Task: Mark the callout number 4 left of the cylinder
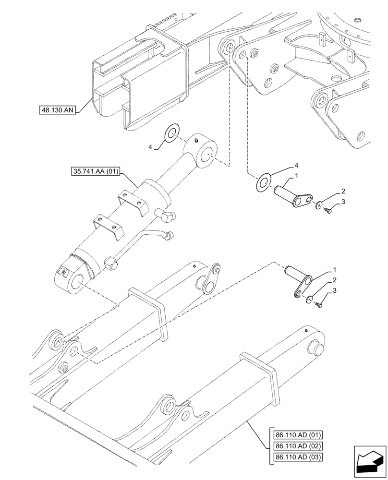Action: click(x=150, y=147)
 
